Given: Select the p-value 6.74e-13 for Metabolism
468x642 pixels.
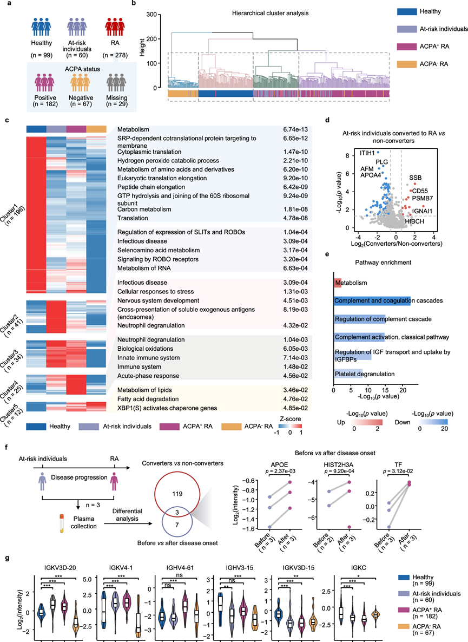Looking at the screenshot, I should pos(297,129).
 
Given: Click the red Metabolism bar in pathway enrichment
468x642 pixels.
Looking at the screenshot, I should pos(338,283).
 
